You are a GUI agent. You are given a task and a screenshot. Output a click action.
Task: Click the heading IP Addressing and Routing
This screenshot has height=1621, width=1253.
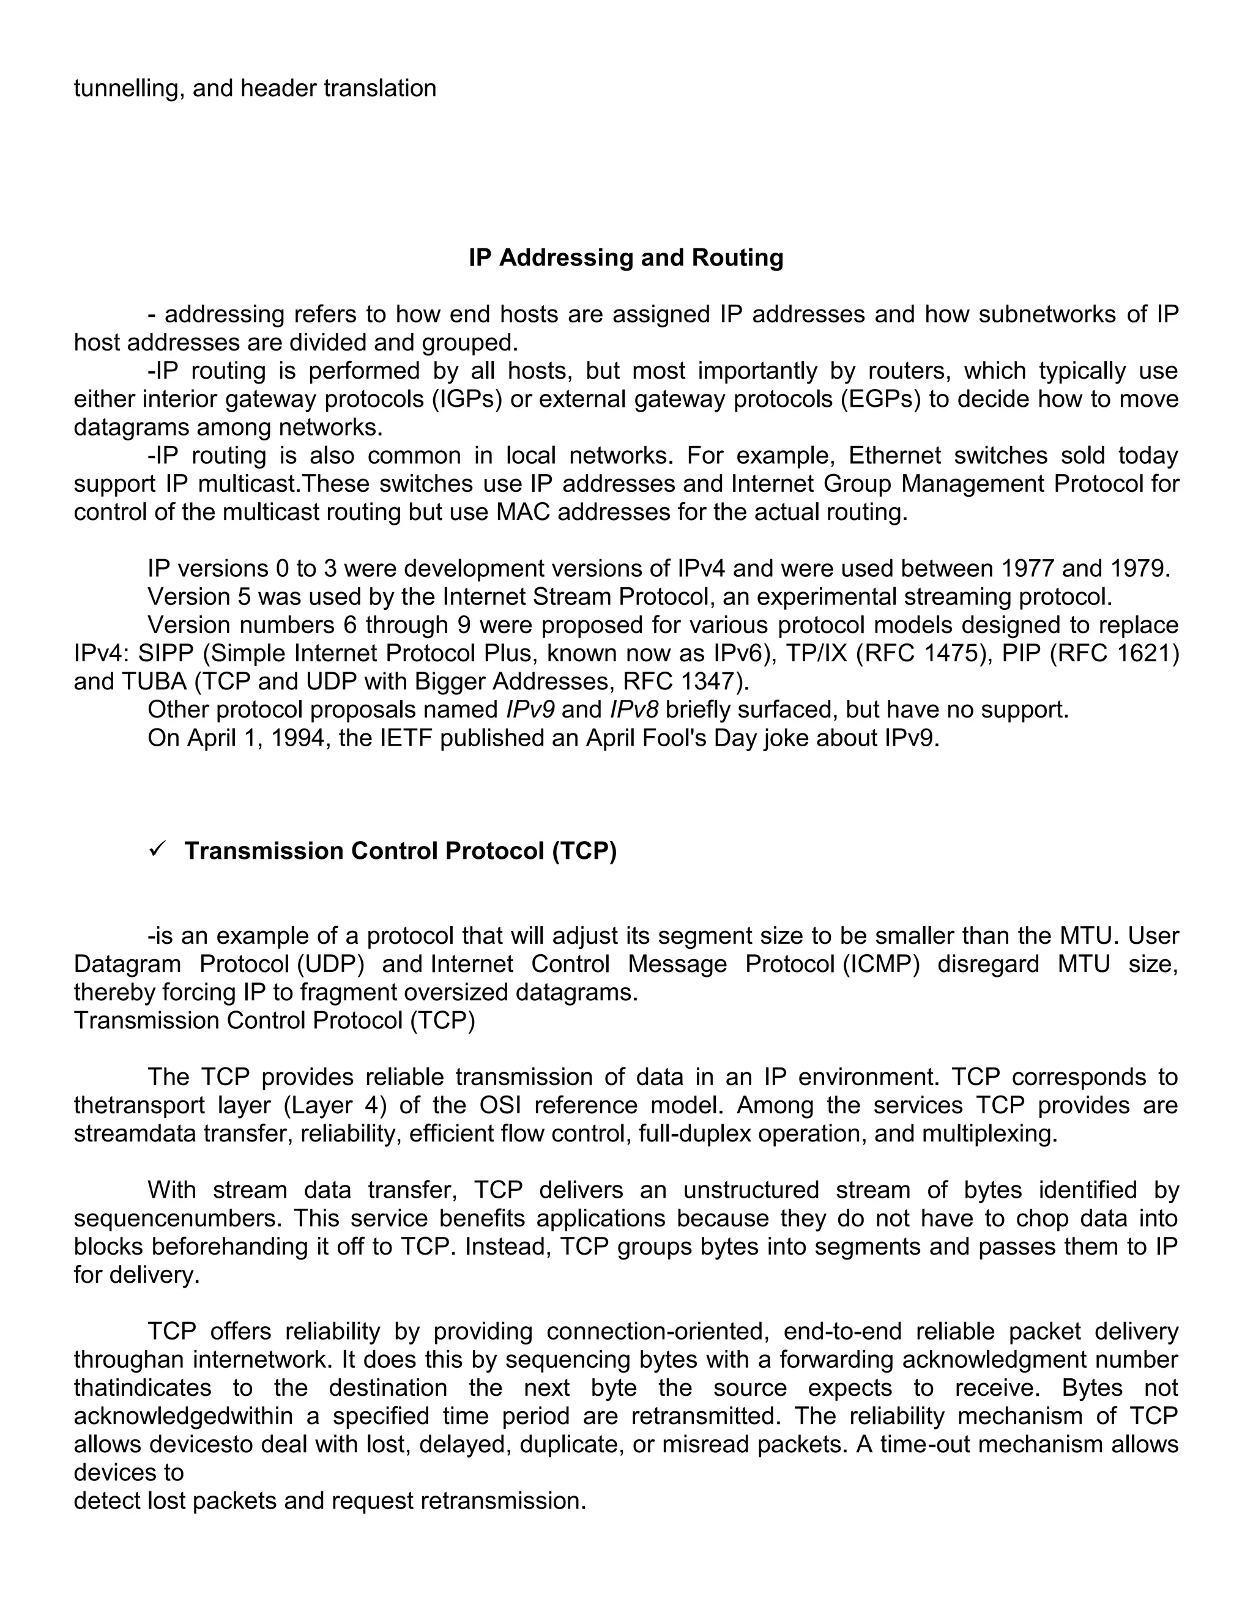coord(626,258)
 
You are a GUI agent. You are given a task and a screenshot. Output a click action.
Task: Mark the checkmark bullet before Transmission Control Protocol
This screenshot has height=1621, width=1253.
coord(157,850)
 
